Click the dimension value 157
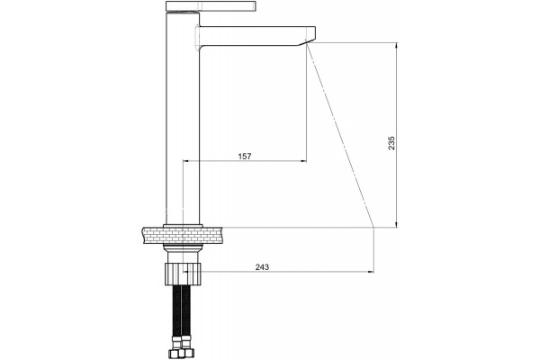(245, 156)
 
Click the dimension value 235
(391, 143)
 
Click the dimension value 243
(262, 267)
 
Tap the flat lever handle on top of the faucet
(211, 6)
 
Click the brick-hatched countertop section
(183, 235)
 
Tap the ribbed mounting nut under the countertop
(183, 274)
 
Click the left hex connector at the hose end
(175, 352)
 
